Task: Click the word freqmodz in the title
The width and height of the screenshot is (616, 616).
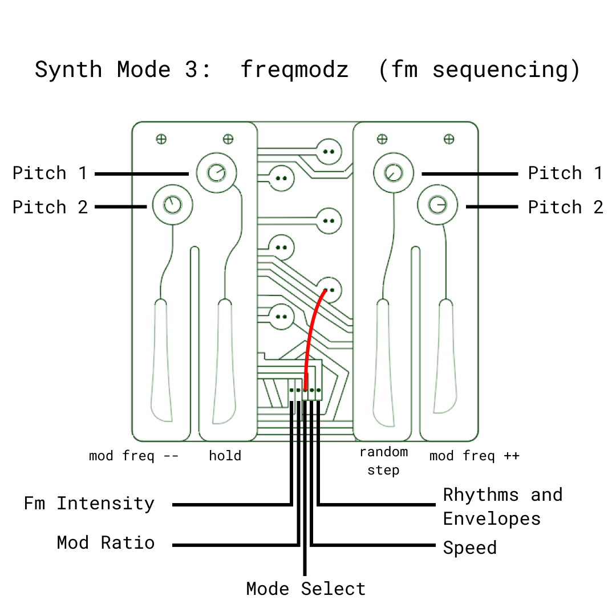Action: click(x=294, y=70)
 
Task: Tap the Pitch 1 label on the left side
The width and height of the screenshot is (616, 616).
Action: click(x=50, y=173)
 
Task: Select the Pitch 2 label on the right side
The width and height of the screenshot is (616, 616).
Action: click(x=565, y=207)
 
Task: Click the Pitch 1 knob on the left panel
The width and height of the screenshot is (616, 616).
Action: click(x=217, y=172)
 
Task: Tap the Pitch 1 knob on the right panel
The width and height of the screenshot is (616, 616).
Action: click(x=392, y=172)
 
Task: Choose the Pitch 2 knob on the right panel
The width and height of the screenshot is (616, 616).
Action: click(x=437, y=204)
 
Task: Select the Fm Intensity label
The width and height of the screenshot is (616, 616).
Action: click(x=89, y=504)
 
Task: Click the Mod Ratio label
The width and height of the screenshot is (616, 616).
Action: click(x=106, y=542)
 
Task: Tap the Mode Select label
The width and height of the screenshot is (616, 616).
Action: click(x=306, y=589)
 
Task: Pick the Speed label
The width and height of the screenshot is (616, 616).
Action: click(x=469, y=548)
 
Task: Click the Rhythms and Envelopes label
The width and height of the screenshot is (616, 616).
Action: click(x=502, y=506)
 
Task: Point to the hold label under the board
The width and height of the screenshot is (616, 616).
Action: click(x=225, y=456)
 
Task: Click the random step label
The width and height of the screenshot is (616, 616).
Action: click(x=383, y=461)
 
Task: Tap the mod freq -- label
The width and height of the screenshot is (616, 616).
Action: click(x=133, y=456)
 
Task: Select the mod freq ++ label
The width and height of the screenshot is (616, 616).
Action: click(x=474, y=456)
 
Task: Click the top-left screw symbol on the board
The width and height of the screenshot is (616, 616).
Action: click(x=161, y=139)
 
